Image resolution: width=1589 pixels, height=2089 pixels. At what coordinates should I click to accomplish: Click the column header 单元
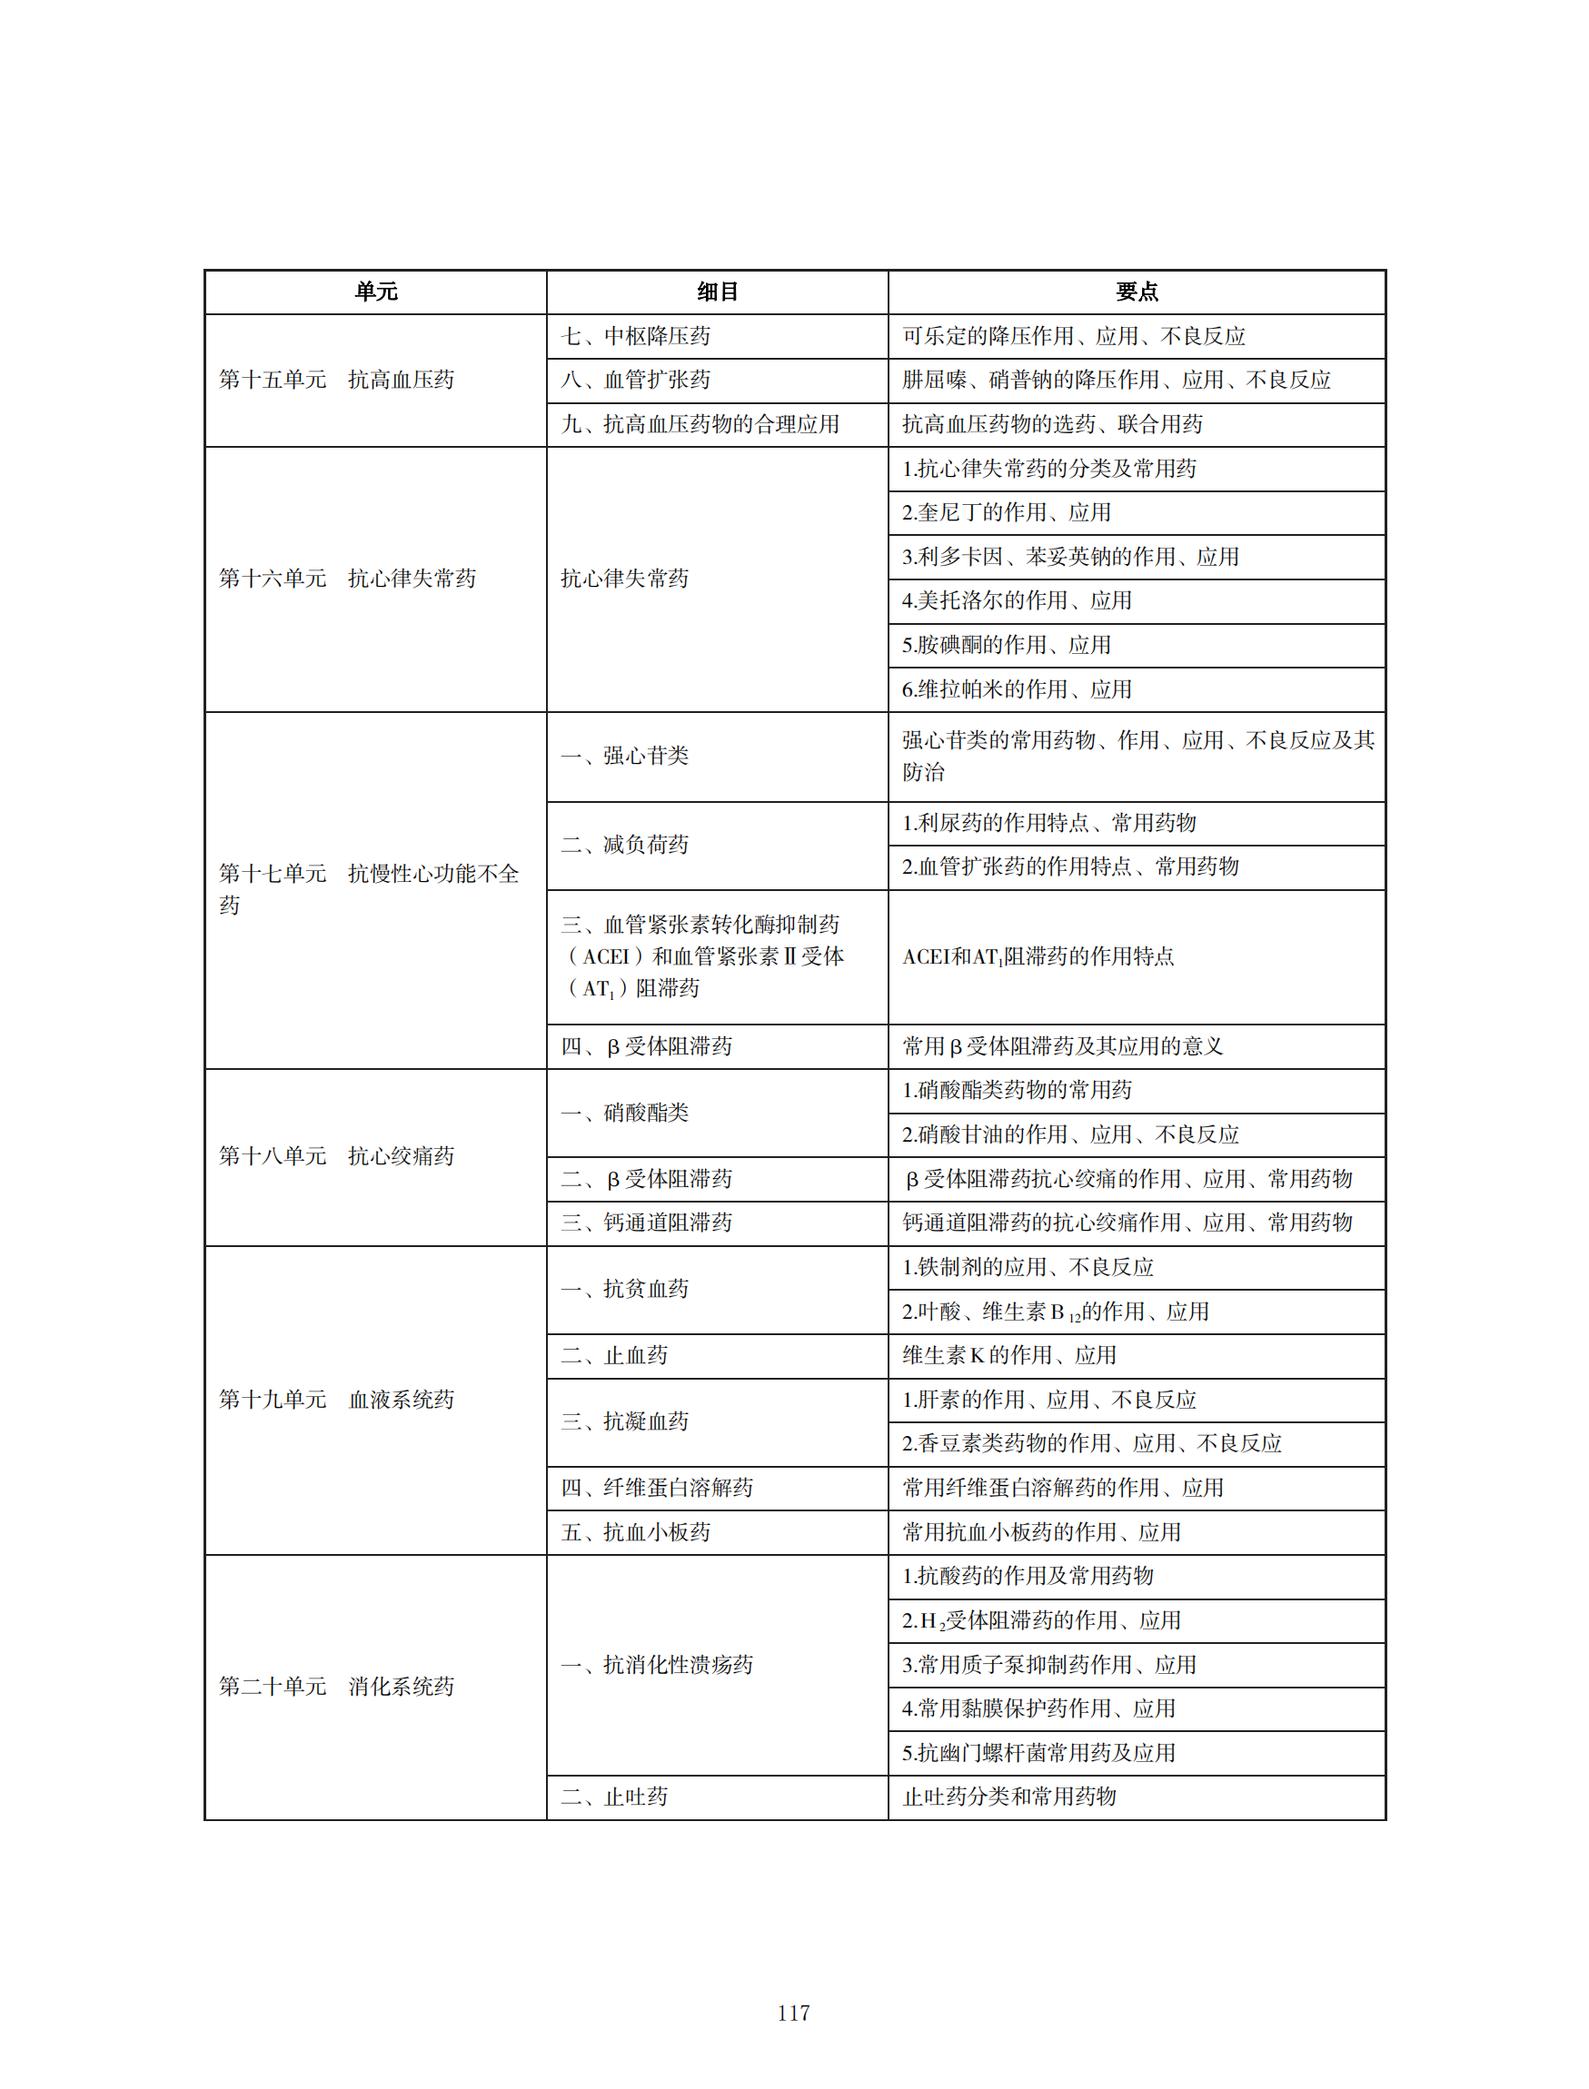tap(375, 292)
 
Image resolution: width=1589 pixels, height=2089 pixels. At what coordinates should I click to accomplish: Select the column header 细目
tap(717, 292)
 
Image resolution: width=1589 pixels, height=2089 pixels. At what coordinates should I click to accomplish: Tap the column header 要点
tap(1136, 292)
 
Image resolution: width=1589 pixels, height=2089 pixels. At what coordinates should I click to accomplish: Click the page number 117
tap(792, 2013)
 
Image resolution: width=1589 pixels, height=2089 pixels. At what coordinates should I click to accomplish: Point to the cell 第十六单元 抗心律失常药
tap(347, 579)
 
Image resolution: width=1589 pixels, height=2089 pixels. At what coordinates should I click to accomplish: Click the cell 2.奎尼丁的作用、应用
tap(1007, 512)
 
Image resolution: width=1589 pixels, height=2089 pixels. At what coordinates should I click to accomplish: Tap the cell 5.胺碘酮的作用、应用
tap(1007, 645)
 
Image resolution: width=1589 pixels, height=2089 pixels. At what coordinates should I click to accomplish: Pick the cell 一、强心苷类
tap(625, 756)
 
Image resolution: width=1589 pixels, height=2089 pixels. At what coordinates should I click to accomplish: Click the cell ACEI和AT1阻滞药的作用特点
tap(1038, 957)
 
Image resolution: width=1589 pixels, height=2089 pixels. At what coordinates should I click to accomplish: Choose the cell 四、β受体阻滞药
tap(646, 1046)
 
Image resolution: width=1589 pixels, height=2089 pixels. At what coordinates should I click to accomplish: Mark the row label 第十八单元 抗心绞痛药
tap(337, 1155)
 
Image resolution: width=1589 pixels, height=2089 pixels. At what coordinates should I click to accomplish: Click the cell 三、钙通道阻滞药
tap(646, 1223)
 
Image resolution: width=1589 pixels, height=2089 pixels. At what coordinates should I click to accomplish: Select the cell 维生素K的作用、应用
tap(1009, 1355)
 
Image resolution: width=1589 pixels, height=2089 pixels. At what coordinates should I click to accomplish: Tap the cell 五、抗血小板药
tap(636, 1532)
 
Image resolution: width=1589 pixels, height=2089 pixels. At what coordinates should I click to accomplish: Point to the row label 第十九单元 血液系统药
tap(337, 1400)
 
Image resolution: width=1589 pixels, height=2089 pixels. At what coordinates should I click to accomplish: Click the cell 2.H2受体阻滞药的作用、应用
tap(1041, 1621)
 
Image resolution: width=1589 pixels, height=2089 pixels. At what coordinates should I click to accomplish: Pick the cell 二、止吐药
tap(615, 1797)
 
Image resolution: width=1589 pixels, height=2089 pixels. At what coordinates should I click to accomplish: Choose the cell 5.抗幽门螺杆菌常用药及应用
tap(1038, 1753)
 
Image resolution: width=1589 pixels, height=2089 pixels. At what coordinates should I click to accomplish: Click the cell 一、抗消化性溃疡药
tap(658, 1665)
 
